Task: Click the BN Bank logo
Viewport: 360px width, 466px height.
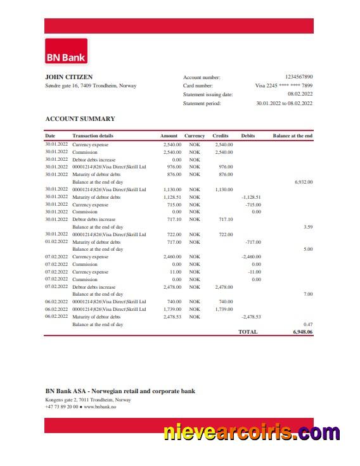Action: tap(66, 51)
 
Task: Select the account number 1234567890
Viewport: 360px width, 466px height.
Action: tap(299, 77)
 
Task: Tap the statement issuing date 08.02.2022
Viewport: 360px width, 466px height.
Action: tap(300, 94)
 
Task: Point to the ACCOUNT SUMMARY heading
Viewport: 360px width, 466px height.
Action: tap(80, 118)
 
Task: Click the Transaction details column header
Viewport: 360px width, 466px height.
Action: tap(93, 136)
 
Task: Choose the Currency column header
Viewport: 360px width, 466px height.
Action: tap(195, 136)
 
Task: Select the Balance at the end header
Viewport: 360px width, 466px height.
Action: tap(292, 136)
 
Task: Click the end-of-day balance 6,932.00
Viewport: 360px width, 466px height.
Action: tap(304, 182)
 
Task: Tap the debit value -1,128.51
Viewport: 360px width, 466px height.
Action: tap(251, 197)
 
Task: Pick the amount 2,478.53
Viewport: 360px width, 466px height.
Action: tap(172, 317)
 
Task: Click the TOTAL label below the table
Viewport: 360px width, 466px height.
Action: tap(248, 332)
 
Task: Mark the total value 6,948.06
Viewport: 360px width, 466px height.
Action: tap(302, 332)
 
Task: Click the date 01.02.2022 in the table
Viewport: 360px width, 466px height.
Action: tap(56, 242)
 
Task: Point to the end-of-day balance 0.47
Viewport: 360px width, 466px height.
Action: tap(308, 324)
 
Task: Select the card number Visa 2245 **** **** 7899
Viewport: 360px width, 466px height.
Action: tap(283, 85)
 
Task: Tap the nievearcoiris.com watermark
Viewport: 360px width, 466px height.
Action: tap(252, 433)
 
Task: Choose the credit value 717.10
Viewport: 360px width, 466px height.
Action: tap(226, 219)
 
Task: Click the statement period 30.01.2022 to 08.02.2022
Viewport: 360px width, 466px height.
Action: tap(284, 103)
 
